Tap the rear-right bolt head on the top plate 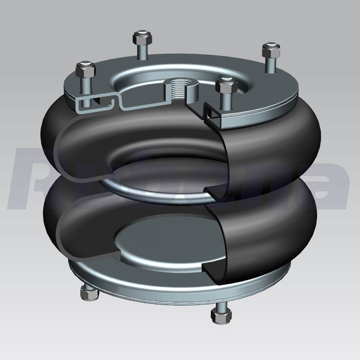pyautogui.click(x=270, y=49)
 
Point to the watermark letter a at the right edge pyautogui.click(x=333, y=180)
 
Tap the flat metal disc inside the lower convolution pyautogui.click(x=153, y=245)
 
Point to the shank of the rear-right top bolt pyautogui.click(x=270, y=63)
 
